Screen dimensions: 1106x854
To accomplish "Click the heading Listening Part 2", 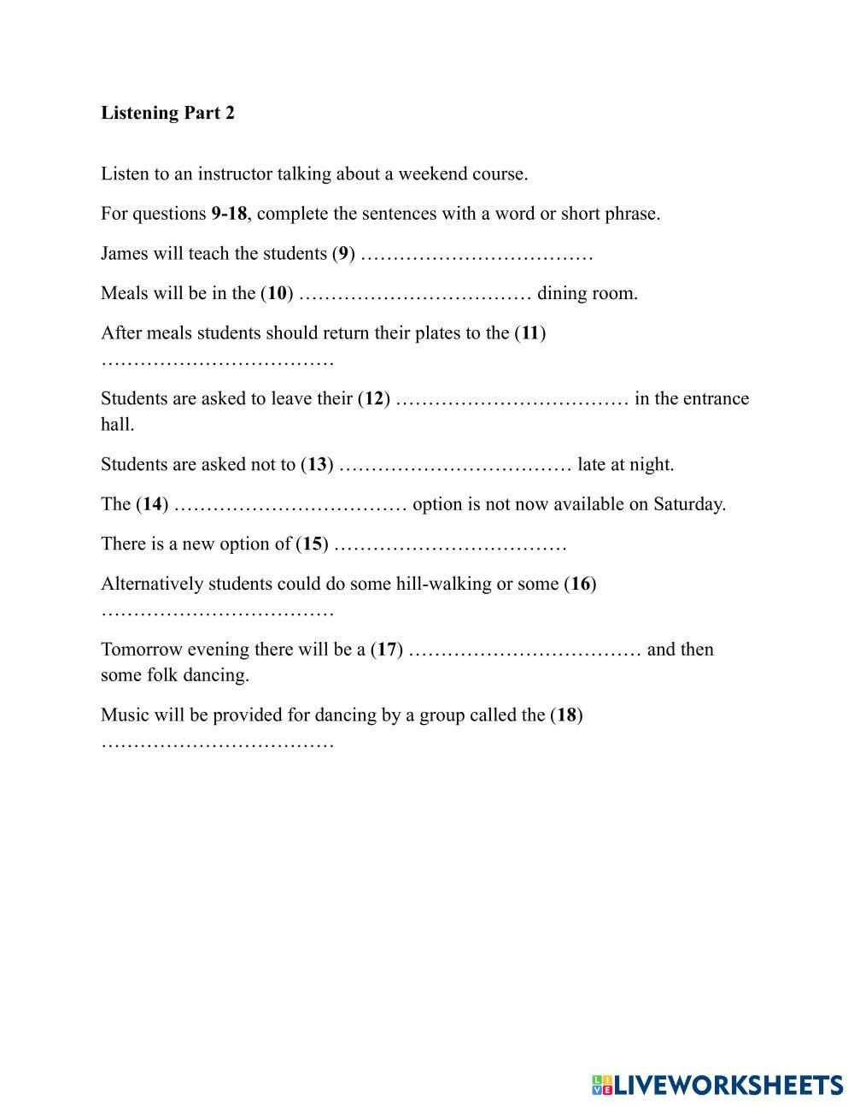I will click(x=167, y=113).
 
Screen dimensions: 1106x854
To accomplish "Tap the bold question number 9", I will click(x=343, y=253).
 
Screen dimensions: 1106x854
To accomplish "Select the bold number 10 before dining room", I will click(x=277, y=293).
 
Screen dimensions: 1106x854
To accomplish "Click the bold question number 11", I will click(x=530, y=332).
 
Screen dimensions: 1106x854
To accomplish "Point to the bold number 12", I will click(x=374, y=398).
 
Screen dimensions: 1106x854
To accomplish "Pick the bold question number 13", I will click(x=317, y=464).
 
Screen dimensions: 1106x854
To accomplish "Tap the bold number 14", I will click(x=152, y=503).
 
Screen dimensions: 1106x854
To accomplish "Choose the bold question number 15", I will click(x=313, y=544).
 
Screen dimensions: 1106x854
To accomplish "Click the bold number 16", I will click(x=581, y=584).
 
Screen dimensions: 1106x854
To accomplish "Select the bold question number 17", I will click(x=387, y=649).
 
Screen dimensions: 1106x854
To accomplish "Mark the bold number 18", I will click(x=567, y=715).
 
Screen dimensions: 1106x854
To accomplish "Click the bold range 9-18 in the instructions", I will click(x=229, y=213).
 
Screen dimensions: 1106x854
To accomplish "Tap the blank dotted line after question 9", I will click(x=477, y=255).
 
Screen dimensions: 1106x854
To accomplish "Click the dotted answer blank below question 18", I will click(x=217, y=743).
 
